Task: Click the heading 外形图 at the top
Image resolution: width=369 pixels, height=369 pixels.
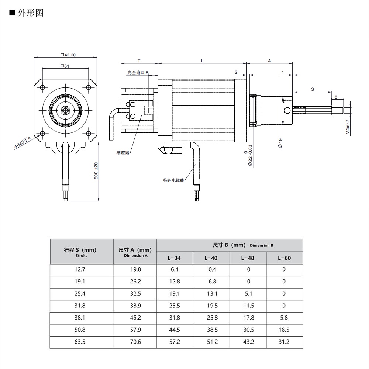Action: pyautogui.click(x=30, y=13)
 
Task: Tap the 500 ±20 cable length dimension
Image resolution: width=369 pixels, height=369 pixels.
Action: pyautogui.click(x=96, y=171)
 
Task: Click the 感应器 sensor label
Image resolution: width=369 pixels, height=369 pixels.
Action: pyautogui.click(x=123, y=152)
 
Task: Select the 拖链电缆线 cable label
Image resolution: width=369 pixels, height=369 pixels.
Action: pyautogui.click(x=173, y=180)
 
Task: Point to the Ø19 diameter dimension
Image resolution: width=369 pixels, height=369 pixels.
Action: pyautogui.click(x=280, y=143)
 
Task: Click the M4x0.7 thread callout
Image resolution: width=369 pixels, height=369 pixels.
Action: pyautogui.click(x=347, y=127)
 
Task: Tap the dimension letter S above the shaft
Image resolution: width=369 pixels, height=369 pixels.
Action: pyautogui.click(x=313, y=89)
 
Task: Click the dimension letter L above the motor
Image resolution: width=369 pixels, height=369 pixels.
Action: pyautogui.click(x=202, y=61)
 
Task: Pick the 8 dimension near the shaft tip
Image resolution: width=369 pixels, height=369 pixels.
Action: pyautogui.click(x=335, y=97)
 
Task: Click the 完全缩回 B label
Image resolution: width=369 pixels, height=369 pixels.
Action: pyautogui.click(x=138, y=73)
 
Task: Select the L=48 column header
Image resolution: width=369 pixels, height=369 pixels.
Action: pyautogui.click(x=248, y=258)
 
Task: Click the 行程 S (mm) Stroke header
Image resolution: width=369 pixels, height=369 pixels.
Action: pyautogui.click(x=82, y=251)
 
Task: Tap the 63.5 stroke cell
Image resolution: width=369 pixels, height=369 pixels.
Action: pyautogui.click(x=80, y=342)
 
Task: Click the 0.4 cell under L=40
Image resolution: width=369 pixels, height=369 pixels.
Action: pyautogui.click(x=212, y=269)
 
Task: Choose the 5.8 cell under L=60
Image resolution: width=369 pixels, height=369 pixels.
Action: pyautogui.click(x=284, y=318)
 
